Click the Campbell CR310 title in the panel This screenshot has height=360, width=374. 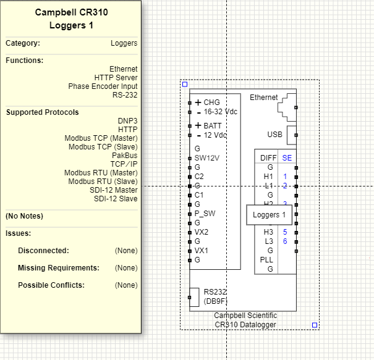71,12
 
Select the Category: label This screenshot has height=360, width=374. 23,43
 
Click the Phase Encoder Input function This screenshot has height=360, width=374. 103,86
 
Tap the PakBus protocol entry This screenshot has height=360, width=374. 124,156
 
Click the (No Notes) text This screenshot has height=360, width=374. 24,216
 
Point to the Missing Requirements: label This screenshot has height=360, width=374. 59,268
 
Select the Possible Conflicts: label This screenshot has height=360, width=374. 51,285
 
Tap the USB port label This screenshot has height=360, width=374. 274,135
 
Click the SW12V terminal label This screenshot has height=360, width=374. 207,158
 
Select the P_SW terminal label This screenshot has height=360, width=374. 205,214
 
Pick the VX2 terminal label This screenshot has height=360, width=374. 202,232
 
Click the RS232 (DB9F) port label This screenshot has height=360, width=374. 216,297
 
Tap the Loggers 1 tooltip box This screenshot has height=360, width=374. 270,215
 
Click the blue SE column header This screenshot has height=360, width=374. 287,158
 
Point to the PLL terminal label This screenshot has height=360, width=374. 266,260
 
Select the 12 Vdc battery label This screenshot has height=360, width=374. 215,135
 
